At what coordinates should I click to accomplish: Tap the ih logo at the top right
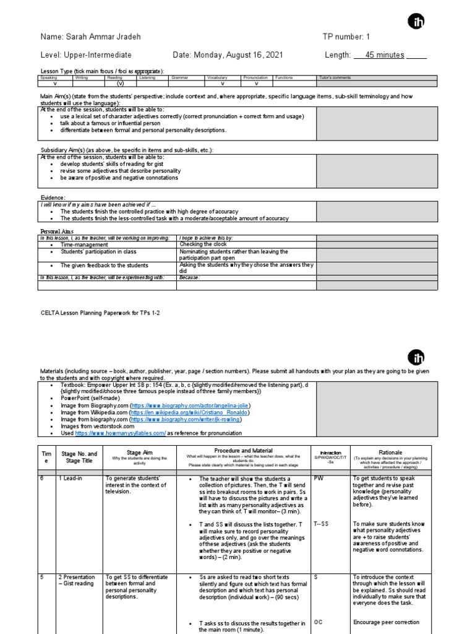[416, 22]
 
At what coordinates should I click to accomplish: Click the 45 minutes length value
[385, 55]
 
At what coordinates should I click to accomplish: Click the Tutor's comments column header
[335, 78]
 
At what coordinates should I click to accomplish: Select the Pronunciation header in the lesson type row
[255, 78]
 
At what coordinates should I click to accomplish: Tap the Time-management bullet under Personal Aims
[86, 245]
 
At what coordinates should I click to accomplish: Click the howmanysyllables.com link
[121, 433]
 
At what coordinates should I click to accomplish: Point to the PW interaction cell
[319, 479]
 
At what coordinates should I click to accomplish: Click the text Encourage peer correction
[386, 622]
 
